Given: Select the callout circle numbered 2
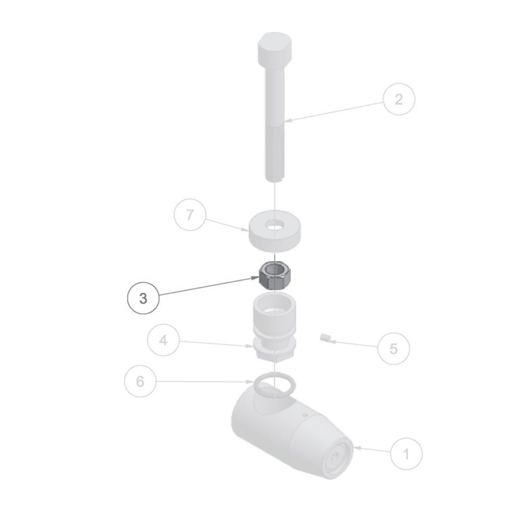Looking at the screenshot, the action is [399, 99].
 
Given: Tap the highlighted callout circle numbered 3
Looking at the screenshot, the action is [143, 299].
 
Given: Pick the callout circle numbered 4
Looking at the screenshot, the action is [163, 340].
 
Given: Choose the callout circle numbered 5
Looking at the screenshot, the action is [394, 349].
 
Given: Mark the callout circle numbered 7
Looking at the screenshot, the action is [189, 215].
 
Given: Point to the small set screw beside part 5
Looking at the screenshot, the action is [325, 338].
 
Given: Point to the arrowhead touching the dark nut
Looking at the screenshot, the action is [255, 278].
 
